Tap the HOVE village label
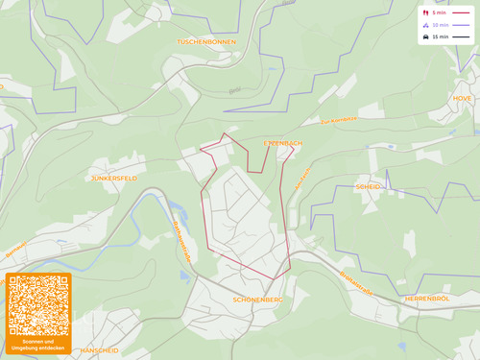(x=463, y=98)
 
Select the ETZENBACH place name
(x=283, y=143)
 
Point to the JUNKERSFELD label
(x=114, y=179)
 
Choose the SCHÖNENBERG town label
(x=257, y=300)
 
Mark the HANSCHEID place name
(x=100, y=350)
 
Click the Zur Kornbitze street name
(x=339, y=121)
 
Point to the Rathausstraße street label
(x=182, y=241)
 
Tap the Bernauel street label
(x=16, y=252)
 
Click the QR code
(x=38, y=304)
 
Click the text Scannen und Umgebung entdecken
(x=38, y=344)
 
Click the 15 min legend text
(x=440, y=37)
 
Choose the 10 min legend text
(x=440, y=25)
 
